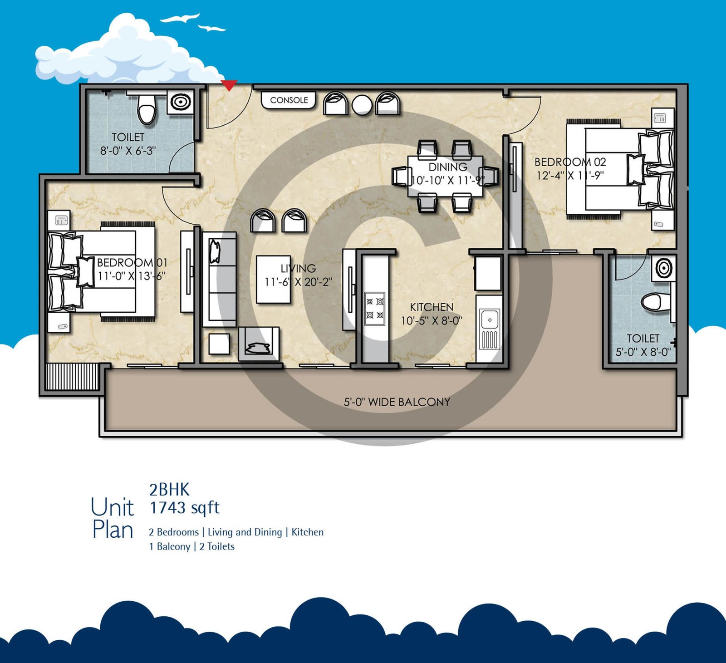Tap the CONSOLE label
[289, 100]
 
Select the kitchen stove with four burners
[375, 309]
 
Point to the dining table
[445, 176]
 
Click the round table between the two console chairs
[362, 105]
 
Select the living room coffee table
[273, 280]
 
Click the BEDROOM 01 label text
[132, 263]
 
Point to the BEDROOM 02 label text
[570, 162]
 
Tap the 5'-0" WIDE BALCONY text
[397, 402]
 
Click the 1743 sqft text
[185, 508]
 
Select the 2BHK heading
[169, 490]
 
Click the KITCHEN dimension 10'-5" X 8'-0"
[432, 321]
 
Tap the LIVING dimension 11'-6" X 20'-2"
[298, 282]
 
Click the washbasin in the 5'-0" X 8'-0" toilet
[663, 268]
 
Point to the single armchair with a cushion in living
[259, 344]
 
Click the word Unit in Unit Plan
[112, 507]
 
